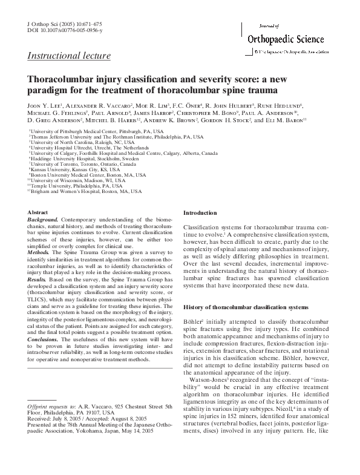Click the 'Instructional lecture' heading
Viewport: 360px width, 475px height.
tap(69, 56)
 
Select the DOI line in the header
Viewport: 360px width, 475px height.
tap(65, 30)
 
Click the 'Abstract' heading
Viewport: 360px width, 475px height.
tap(40, 212)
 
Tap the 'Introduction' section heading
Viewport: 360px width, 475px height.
tap(200, 213)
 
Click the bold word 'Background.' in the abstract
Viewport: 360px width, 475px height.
tap(44, 220)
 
